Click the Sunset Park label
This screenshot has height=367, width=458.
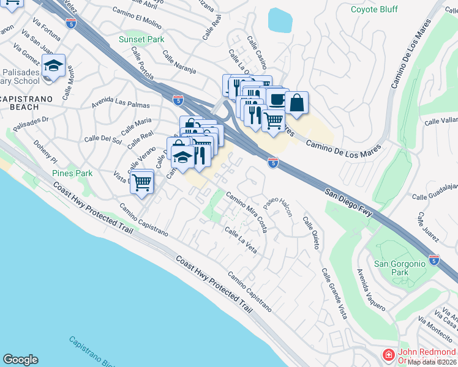pyautogui.click(x=141, y=39)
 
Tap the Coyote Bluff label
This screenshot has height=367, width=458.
pyautogui.click(x=374, y=9)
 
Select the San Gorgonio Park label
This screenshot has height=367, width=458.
pyautogui.click(x=399, y=268)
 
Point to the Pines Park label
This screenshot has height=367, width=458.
pyautogui.click(x=72, y=173)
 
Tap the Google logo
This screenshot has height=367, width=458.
pyautogui.click(x=20, y=360)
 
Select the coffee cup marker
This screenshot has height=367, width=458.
pyautogui.click(x=277, y=98)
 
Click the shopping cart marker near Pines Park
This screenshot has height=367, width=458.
pyautogui.click(x=142, y=182)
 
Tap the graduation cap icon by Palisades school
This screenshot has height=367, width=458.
pyautogui.click(x=54, y=64)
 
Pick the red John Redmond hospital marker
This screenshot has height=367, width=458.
pyautogui.click(x=388, y=355)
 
